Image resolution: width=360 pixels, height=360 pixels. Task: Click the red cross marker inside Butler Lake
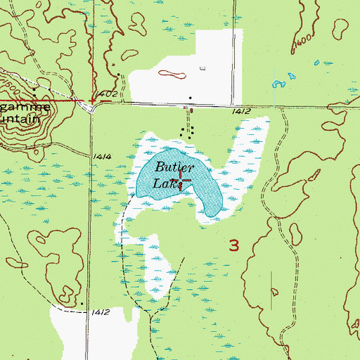coord(181,181)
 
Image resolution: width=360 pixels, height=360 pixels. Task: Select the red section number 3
coord(234,244)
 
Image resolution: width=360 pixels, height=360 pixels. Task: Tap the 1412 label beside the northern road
coord(240,111)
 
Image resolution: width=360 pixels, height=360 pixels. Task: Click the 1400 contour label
coord(304,41)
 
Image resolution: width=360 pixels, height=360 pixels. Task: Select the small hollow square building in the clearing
coord(202,68)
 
